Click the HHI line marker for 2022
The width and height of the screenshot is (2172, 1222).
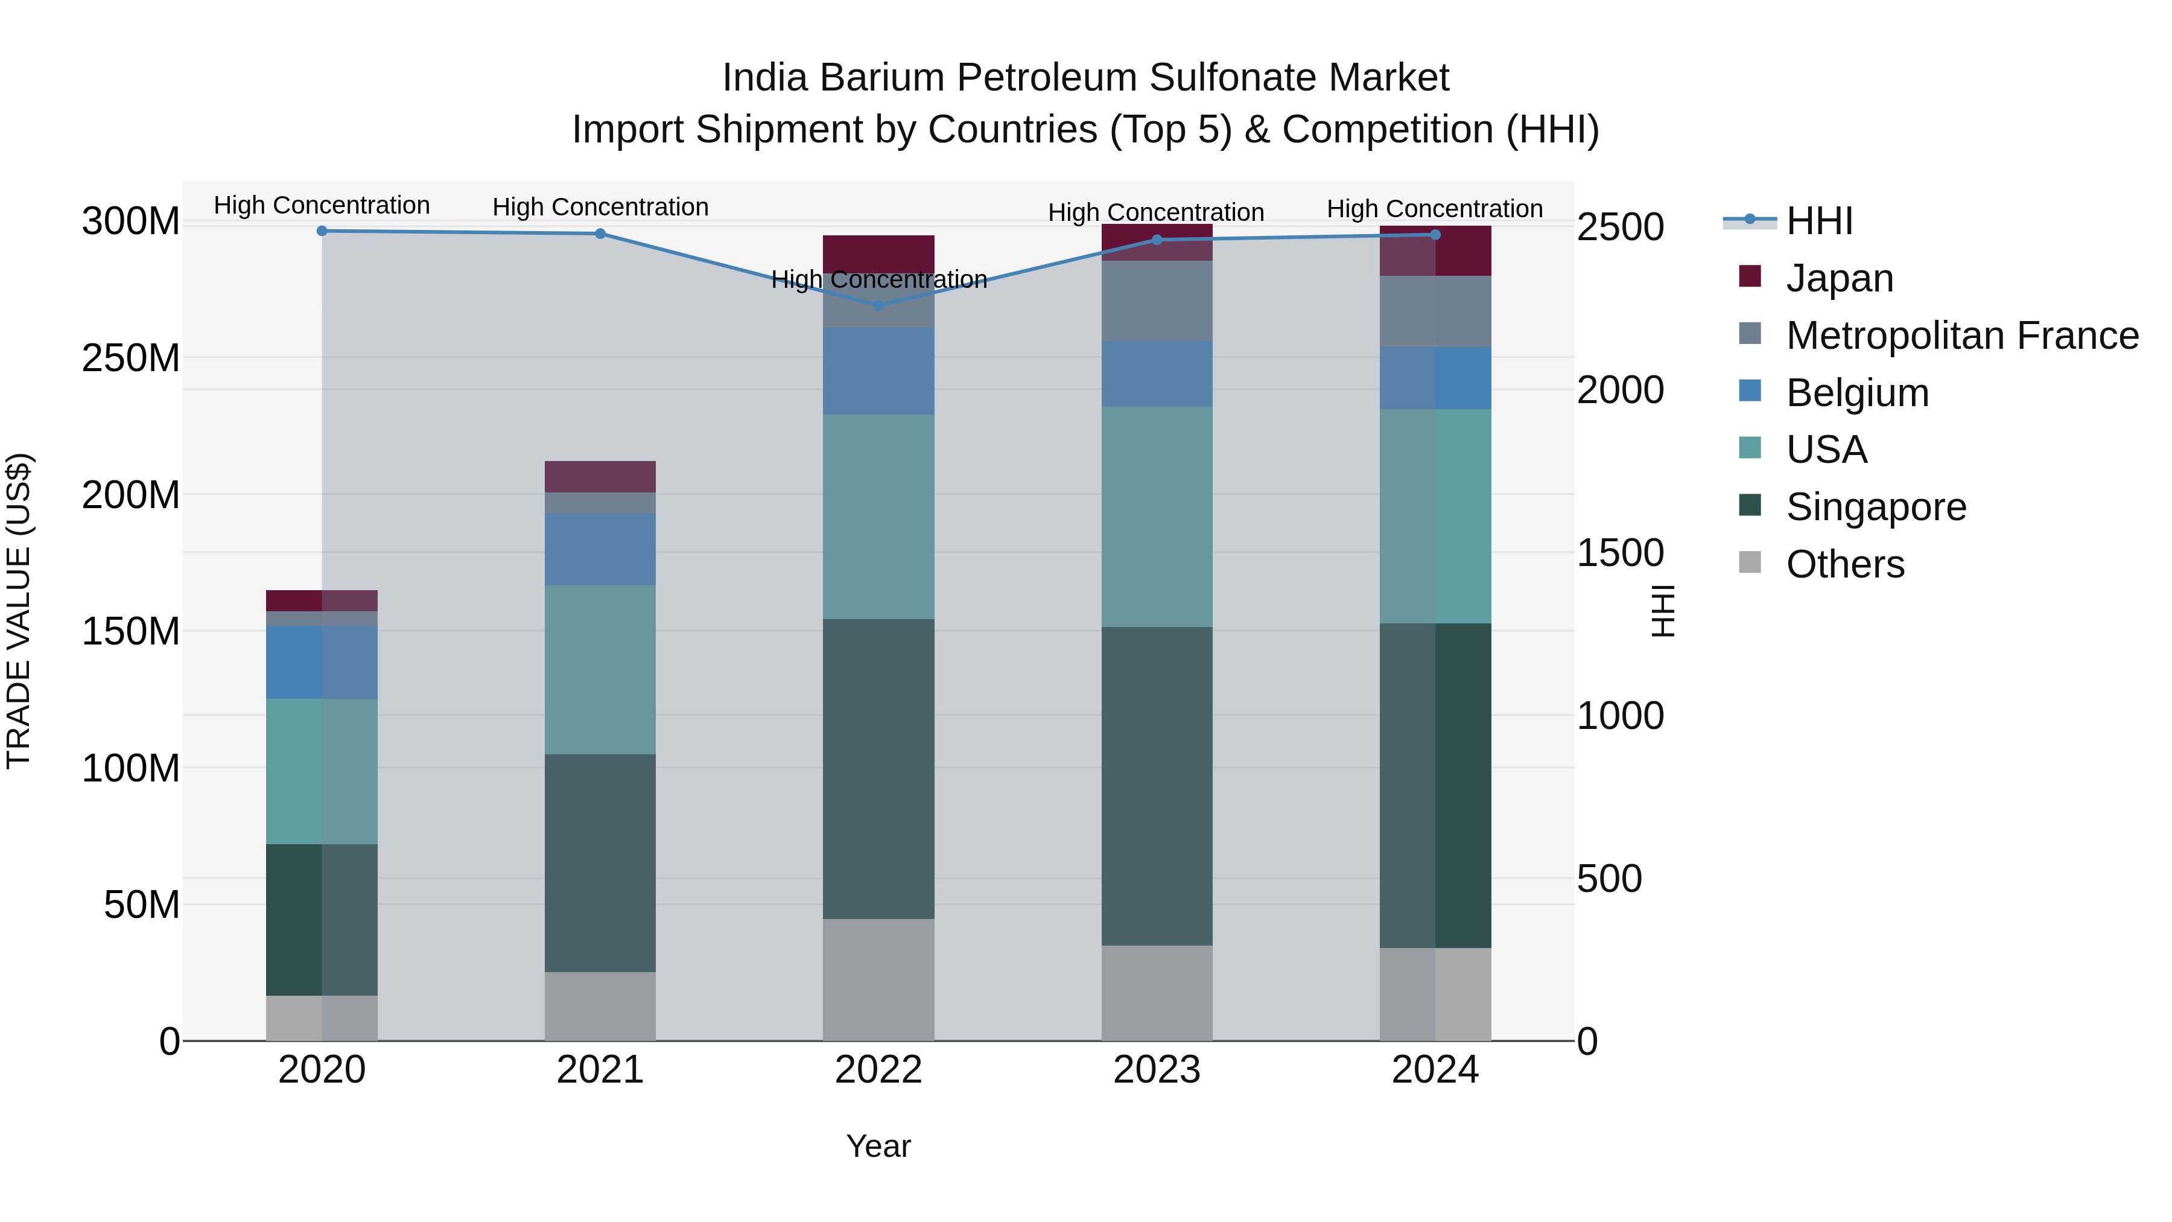878,305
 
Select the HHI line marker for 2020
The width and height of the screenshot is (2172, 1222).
322,231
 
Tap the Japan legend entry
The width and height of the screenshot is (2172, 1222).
1839,278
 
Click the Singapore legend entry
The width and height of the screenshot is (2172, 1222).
1875,507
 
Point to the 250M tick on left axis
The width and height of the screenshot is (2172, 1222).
131,358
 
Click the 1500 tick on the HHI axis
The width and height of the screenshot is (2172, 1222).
1620,553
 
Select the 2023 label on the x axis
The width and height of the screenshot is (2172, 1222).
1157,1070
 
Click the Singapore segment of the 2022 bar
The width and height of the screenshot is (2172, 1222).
878,769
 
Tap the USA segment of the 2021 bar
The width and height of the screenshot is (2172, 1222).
600,670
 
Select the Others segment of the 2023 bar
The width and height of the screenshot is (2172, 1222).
1157,993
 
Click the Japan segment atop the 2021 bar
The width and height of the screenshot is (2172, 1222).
600,477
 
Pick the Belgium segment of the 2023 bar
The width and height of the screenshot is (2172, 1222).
1157,374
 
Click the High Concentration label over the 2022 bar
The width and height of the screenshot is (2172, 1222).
878,279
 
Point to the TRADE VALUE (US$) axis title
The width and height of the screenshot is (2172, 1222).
19,611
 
